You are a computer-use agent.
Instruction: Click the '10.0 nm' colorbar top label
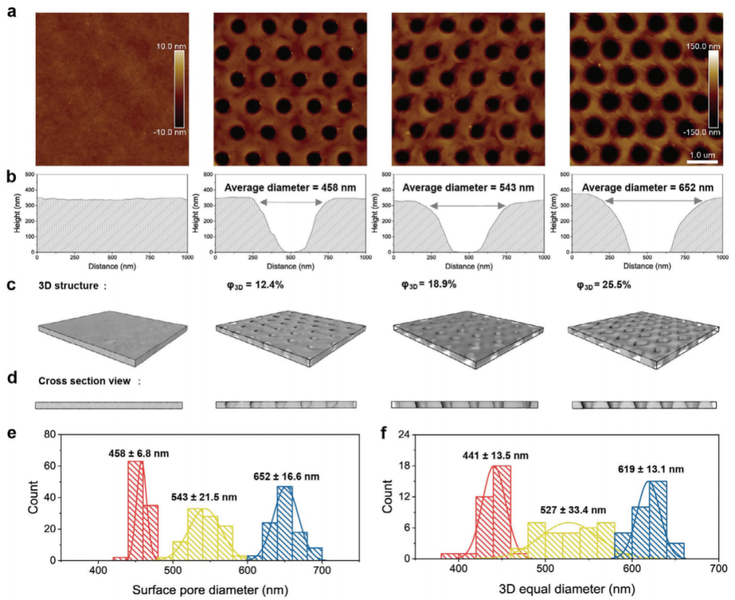pos(171,47)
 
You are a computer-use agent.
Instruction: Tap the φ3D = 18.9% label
pos(428,284)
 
